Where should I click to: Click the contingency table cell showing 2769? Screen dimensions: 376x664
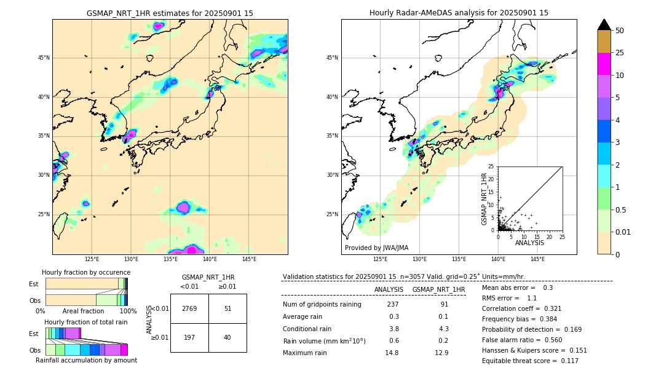click(x=189, y=308)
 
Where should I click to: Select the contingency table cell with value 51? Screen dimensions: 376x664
click(x=227, y=308)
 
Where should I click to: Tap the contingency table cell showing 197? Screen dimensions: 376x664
click(x=189, y=337)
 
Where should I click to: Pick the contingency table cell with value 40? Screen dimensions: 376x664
click(x=227, y=337)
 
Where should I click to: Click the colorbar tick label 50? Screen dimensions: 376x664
click(x=620, y=31)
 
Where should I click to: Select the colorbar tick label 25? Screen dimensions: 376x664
click(x=620, y=53)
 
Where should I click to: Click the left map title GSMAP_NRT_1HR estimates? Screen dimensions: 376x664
click(x=170, y=13)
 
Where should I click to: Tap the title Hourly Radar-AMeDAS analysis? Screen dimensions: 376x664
click(x=459, y=13)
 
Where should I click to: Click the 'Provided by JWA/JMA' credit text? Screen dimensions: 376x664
click(x=376, y=248)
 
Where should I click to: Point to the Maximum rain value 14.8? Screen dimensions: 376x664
click(x=392, y=353)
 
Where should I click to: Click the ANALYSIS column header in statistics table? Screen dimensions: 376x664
click(x=389, y=289)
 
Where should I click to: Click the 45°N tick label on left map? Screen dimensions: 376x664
click(x=44, y=58)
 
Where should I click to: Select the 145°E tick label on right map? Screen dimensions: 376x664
click(x=537, y=259)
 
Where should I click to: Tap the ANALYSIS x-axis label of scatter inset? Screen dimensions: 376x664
click(x=529, y=243)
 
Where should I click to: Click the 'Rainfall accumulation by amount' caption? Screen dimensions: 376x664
click(x=86, y=361)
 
